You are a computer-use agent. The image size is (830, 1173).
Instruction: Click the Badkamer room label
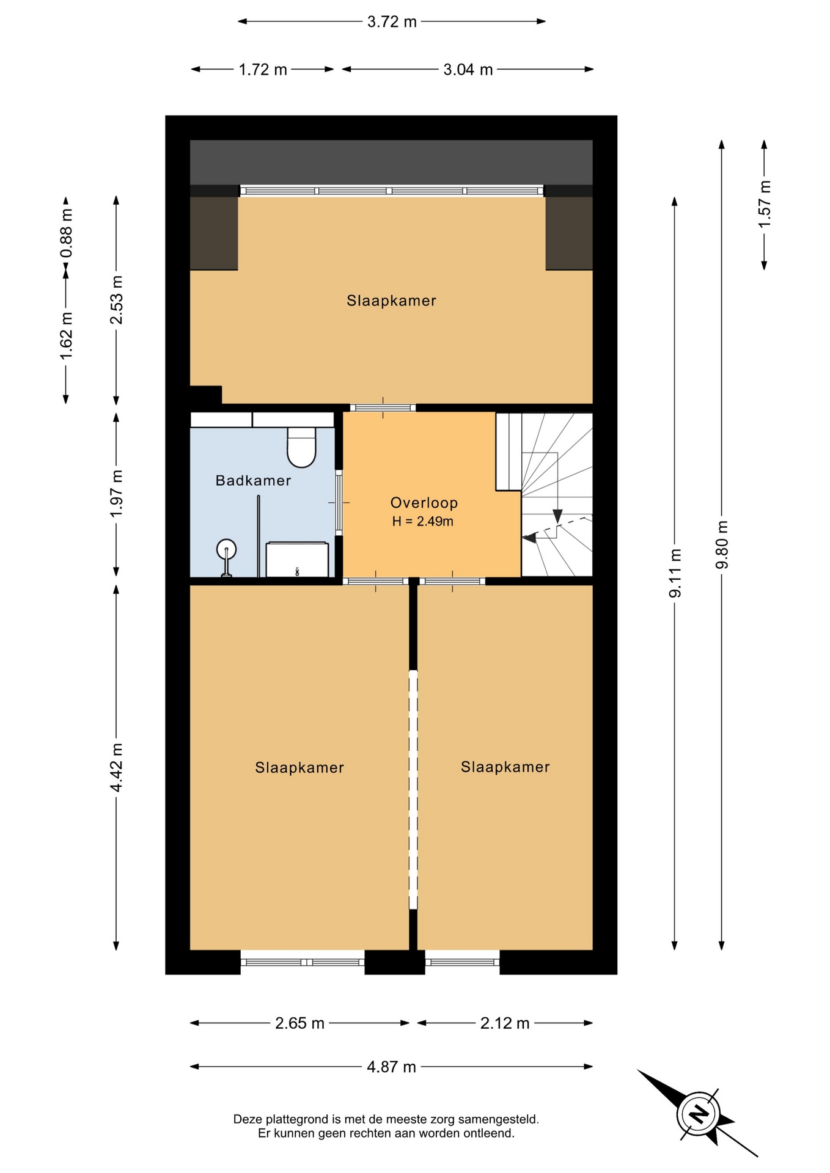(253, 481)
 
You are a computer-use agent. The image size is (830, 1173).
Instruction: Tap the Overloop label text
(424, 503)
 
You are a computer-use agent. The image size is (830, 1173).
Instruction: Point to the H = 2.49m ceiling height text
(423, 522)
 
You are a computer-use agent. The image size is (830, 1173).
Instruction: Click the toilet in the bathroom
(301, 447)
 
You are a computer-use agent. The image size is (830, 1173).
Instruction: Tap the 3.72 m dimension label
(392, 22)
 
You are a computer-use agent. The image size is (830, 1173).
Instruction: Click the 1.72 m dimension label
(263, 70)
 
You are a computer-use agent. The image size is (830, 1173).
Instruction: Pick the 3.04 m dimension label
(468, 70)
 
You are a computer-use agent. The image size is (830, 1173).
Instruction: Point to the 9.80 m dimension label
(722, 544)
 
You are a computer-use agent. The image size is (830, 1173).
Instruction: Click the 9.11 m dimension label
(675, 573)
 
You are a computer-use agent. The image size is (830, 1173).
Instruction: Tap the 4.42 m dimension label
(116, 767)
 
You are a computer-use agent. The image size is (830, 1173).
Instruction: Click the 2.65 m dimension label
(299, 1023)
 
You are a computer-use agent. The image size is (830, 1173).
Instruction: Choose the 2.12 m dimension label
(505, 1023)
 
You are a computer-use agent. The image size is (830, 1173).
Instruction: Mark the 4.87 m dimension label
(391, 1067)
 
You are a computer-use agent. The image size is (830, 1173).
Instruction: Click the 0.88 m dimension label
(66, 233)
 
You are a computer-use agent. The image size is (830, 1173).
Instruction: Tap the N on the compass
(698, 1114)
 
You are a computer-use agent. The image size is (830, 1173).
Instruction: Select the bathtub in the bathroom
(297, 559)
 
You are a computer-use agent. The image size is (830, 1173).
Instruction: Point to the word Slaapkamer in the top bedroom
(391, 301)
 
